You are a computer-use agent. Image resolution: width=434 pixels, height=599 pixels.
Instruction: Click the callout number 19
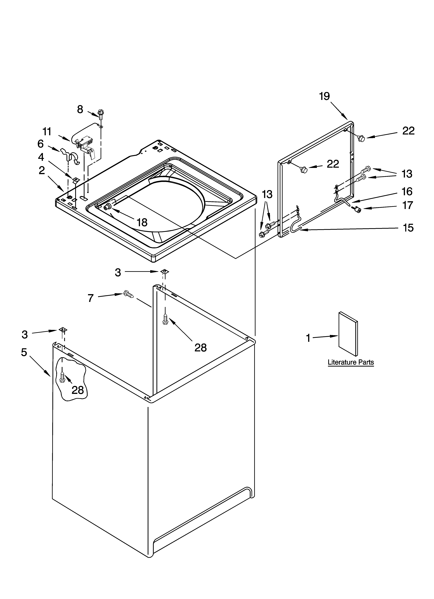pyautogui.click(x=324, y=96)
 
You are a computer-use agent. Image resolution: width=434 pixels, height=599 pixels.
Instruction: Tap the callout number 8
pyautogui.click(x=80, y=109)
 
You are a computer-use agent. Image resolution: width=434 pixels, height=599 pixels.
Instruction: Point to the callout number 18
pyautogui.click(x=142, y=223)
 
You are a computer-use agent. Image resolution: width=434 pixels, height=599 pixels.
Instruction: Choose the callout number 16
pyautogui.click(x=407, y=192)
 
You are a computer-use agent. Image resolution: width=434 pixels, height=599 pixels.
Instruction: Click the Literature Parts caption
pyautogui.click(x=351, y=362)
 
